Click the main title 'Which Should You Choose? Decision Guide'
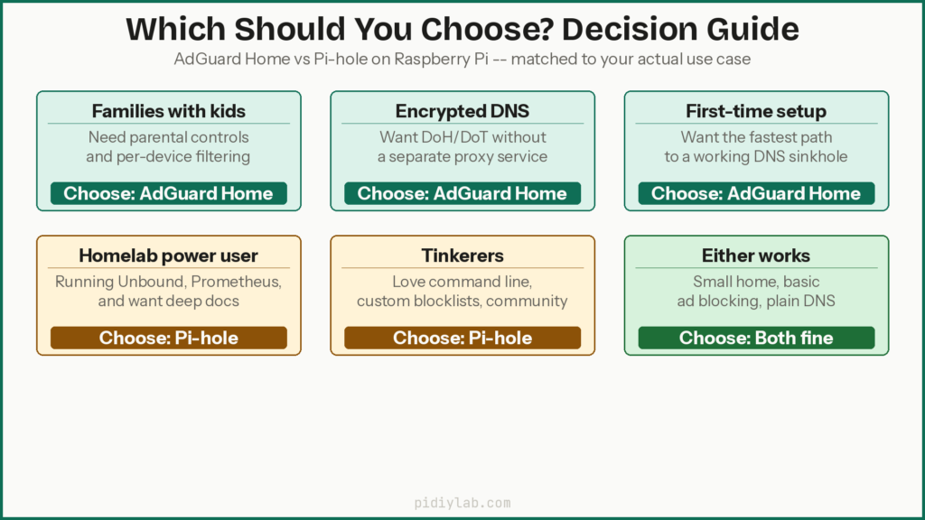[462, 29]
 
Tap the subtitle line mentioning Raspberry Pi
[462, 61]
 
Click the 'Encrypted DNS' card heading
[462, 111]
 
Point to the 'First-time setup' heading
[755, 111]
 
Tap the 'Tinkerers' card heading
[462, 255]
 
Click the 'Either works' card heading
[755, 255]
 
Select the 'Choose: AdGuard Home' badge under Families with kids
[168, 193]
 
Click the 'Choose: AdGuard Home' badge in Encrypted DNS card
[462, 193]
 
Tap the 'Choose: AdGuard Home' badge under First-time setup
[755, 193]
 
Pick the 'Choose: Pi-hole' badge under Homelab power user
[168, 338]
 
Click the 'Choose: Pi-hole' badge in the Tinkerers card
[462, 338]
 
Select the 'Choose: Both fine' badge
[755, 338]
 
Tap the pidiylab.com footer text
[462, 503]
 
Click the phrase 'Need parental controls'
[168, 137]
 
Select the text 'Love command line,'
[462, 282]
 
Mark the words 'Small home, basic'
[755, 282]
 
